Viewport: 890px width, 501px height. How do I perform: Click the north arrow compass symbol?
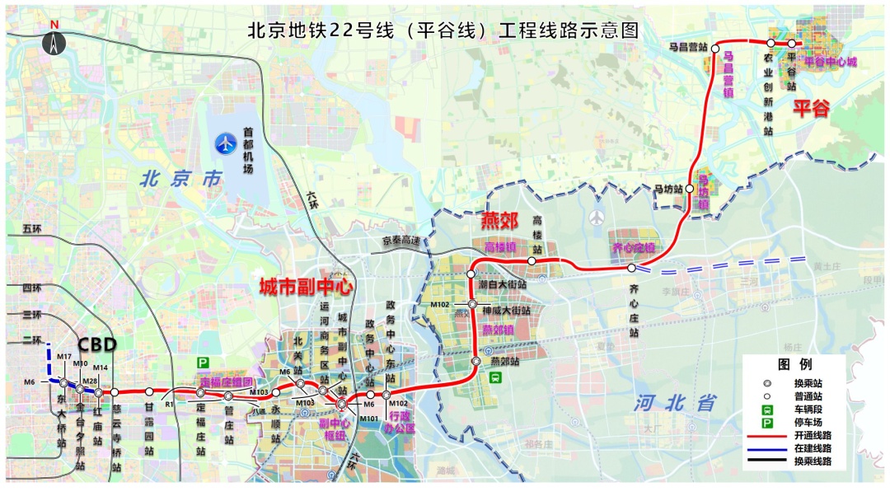(x=54, y=42)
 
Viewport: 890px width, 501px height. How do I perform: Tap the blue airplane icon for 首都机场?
(x=225, y=144)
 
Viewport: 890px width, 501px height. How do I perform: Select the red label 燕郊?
(x=499, y=220)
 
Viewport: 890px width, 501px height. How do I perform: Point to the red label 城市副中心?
(x=306, y=287)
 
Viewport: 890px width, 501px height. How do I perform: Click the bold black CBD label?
(x=97, y=344)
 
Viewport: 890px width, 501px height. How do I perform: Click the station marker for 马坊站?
(x=689, y=188)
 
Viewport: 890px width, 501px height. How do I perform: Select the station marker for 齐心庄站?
(x=631, y=268)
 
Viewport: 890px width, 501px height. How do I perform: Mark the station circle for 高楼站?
(x=532, y=260)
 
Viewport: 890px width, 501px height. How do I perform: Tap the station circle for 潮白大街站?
(x=471, y=273)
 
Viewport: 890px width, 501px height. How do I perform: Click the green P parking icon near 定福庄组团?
(x=202, y=363)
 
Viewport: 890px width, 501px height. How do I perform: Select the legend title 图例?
(x=794, y=363)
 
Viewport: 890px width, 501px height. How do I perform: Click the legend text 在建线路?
(x=812, y=448)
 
